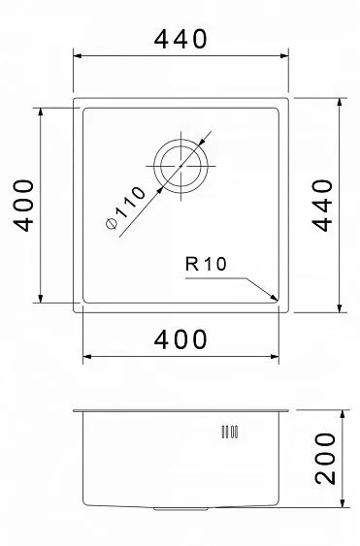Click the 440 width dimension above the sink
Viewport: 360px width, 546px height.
pos(180,40)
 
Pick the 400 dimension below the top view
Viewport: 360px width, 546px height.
pos(180,339)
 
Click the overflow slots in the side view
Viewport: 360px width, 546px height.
pos(230,431)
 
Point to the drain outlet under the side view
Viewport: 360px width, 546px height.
pos(180,506)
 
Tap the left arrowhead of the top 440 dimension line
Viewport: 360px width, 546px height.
pos(79,58)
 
